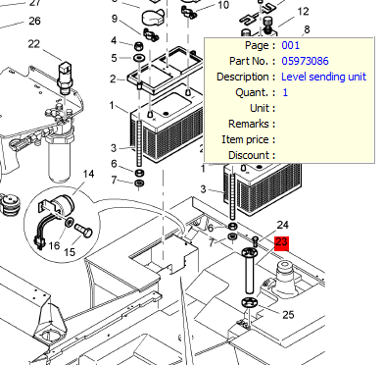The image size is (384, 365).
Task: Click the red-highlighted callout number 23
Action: pyautogui.click(x=282, y=243)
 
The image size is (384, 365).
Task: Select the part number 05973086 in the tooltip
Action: pyautogui.click(x=305, y=61)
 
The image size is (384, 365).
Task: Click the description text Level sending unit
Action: pyautogui.click(x=323, y=77)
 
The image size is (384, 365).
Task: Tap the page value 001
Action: pyautogui.click(x=290, y=45)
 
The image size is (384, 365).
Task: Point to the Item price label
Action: pyautogui.click(x=245, y=139)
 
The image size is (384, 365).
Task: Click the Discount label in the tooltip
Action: pyautogui.click(x=249, y=155)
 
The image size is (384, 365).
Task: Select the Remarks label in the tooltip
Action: pyautogui.click(x=249, y=124)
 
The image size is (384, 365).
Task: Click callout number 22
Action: pyautogui.click(x=34, y=43)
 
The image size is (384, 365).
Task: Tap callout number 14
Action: pyautogui.click(x=88, y=174)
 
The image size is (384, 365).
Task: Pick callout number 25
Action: pyautogui.click(x=288, y=315)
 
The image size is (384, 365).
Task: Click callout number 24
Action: pyautogui.click(x=282, y=225)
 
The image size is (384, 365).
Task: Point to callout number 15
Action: pyautogui.click(x=70, y=252)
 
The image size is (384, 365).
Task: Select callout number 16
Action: pyautogui.click(x=54, y=245)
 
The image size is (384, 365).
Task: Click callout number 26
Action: pyautogui.click(x=34, y=22)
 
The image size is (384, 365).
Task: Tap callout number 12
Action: pyautogui.click(x=303, y=12)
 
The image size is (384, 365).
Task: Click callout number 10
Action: pyautogui.click(x=223, y=5)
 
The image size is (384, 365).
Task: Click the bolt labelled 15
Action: pyautogui.click(x=84, y=231)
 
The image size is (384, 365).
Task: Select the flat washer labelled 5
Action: pyautogui.click(x=139, y=58)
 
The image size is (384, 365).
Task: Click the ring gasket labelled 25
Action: pyautogui.click(x=250, y=302)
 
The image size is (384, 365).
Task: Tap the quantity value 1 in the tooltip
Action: pyautogui.click(x=285, y=92)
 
